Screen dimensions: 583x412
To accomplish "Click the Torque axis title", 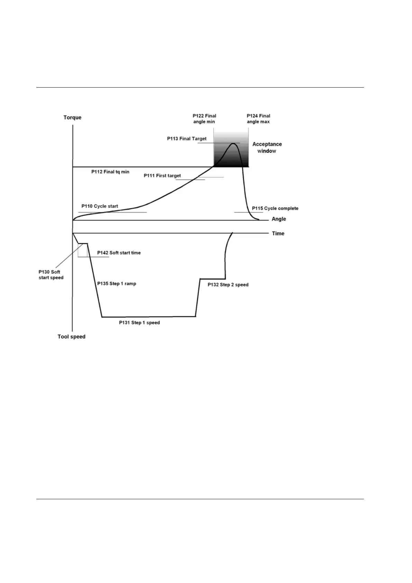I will tap(72, 117).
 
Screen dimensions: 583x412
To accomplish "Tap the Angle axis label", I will tap(278, 219).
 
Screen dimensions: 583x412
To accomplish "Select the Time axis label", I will tap(278, 233).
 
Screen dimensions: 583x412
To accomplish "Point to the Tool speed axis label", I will tap(71, 337).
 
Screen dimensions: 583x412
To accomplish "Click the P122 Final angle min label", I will tap(204, 119).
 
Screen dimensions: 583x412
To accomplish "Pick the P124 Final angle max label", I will tap(258, 119).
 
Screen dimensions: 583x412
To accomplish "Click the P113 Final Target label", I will tap(187, 138).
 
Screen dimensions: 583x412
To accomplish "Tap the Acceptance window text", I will tap(267, 147).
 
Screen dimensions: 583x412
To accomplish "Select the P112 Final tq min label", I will tap(110, 172).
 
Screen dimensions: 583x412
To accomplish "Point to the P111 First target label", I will tap(162, 176).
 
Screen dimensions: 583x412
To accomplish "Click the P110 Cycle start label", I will tap(100, 206).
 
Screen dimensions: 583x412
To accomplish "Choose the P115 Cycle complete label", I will tap(275, 208).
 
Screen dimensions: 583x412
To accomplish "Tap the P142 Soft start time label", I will tap(119, 253).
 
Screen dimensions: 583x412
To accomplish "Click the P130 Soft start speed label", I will tap(51, 275).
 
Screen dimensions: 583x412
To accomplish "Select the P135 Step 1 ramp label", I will tap(117, 284).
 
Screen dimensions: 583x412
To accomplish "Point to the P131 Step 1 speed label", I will tap(139, 323).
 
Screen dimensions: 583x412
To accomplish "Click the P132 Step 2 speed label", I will tap(228, 285).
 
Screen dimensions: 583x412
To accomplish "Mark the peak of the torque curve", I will tap(234, 143).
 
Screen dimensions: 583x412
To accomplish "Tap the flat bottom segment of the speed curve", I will tap(149, 316).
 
